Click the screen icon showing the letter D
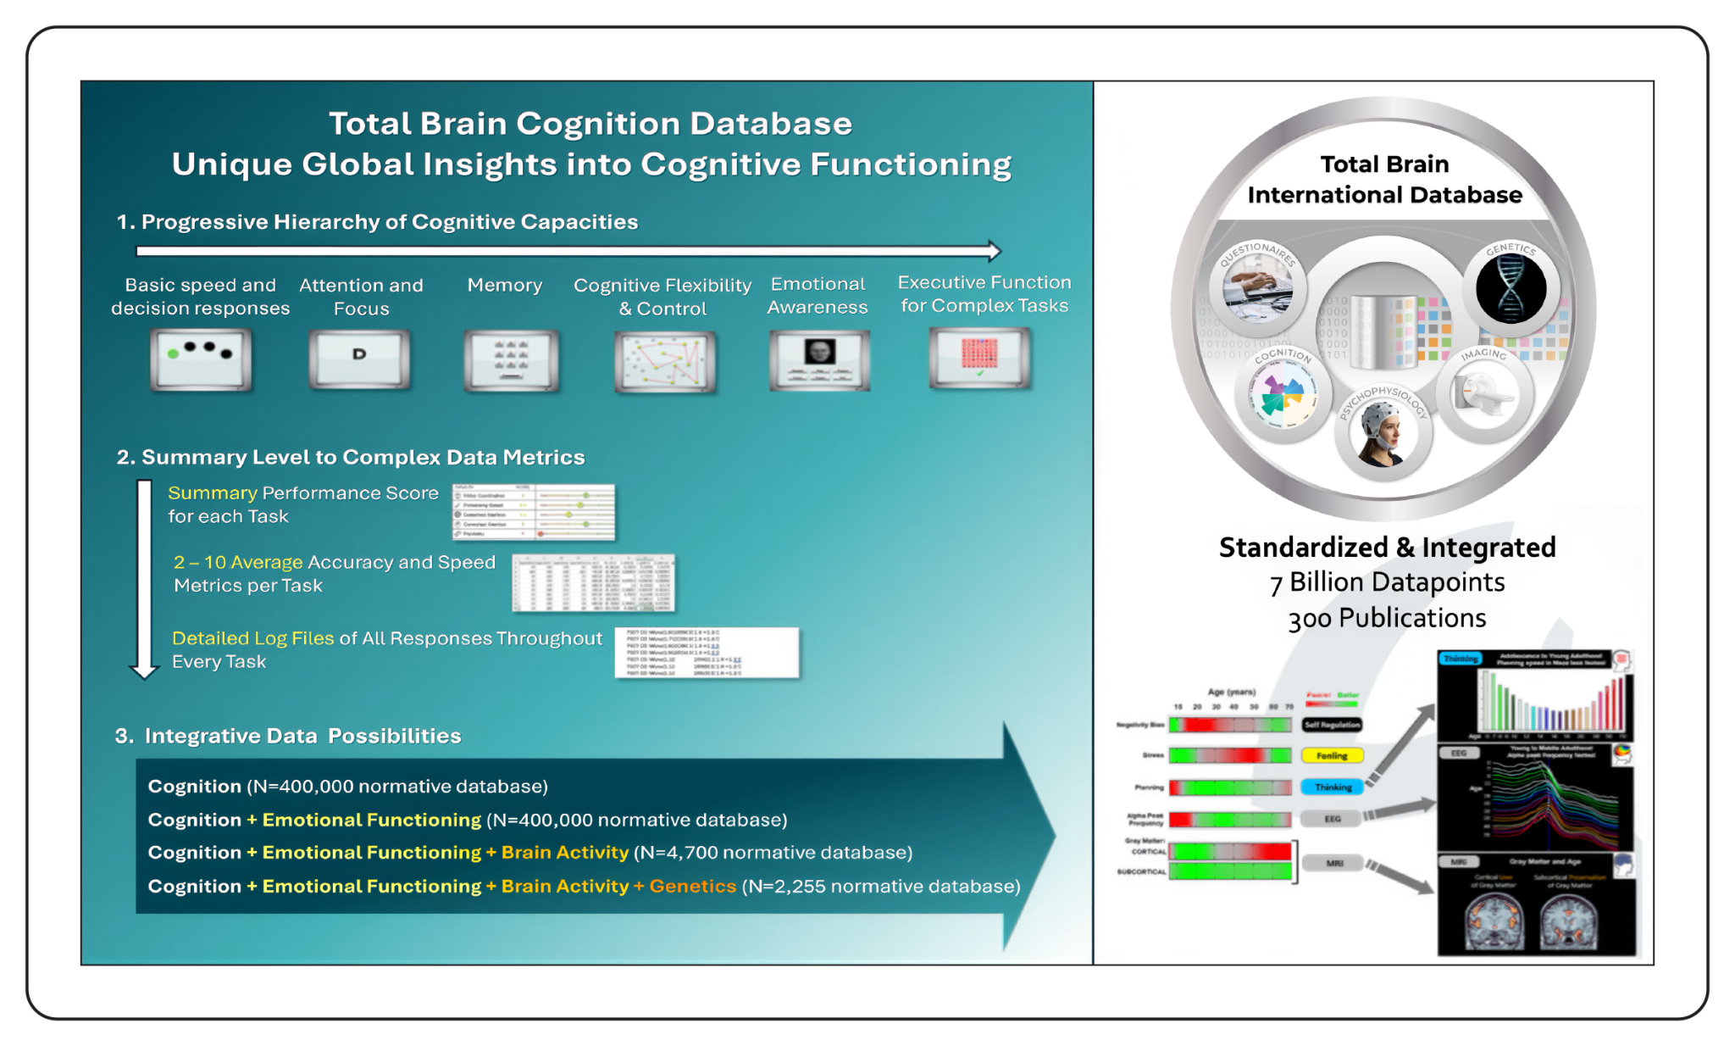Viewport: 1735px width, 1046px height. click(x=360, y=359)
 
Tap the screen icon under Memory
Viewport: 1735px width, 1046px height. click(x=511, y=360)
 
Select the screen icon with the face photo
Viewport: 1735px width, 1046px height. click(x=819, y=359)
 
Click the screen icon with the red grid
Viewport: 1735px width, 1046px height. click(x=979, y=358)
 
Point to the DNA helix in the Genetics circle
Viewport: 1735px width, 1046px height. click(x=1511, y=288)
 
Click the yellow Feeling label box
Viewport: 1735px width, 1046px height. click(x=1332, y=755)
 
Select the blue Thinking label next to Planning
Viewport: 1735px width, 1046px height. click(x=1333, y=787)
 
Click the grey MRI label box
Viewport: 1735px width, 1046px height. click(x=1334, y=863)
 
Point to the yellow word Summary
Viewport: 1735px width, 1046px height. click(x=213, y=493)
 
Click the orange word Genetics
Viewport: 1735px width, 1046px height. click(x=693, y=886)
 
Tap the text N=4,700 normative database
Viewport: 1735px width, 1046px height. click(x=773, y=853)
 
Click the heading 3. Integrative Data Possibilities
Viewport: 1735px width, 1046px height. click(x=289, y=736)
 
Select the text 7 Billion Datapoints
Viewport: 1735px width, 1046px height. click(x=1387, y=582)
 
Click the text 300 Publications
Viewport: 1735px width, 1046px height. click(x=1387, y=619)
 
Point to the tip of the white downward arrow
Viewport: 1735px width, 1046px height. click(x=144, y=676)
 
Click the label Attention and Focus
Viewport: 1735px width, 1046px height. click(x=361, y=297)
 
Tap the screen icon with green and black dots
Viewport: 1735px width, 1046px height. click(x=201, y=359)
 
